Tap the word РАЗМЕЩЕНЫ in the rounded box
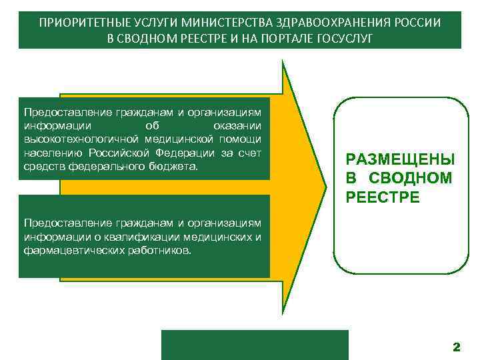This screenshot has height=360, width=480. [399, 160]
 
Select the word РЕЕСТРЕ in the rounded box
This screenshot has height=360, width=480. [383, 197]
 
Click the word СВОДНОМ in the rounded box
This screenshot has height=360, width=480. [411, 178]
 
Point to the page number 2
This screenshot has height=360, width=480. [456, 347]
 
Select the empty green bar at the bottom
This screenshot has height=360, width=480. [255, 345]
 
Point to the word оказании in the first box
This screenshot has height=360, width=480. [237, 125]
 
